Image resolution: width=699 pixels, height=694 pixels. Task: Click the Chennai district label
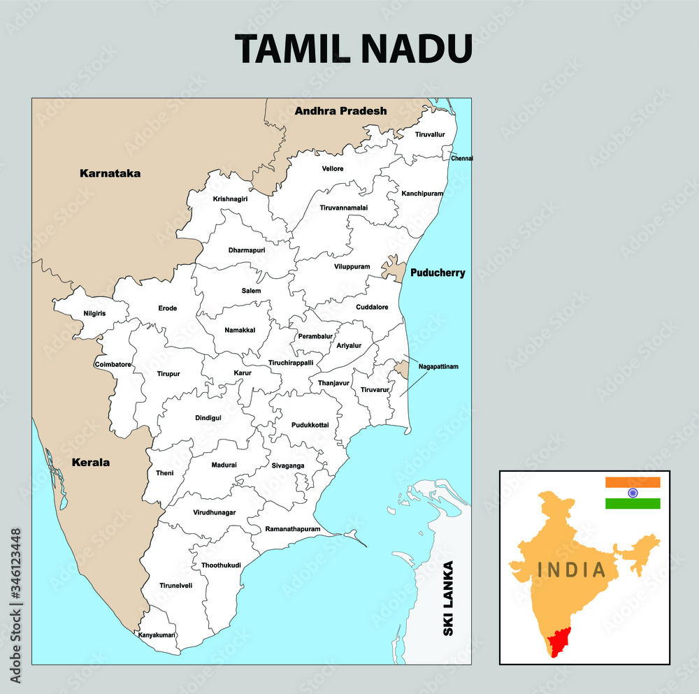pos(462,159)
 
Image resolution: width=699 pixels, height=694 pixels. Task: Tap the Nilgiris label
pos(94,313)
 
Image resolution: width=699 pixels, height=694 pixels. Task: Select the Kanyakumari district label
pos(157,635)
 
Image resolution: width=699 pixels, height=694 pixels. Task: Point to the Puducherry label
pos(438,273)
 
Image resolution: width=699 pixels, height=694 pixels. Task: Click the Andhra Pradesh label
pos(340,110)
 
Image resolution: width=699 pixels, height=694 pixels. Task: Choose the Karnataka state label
pos(110,173)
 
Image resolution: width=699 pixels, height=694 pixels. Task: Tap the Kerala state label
pos(90,462)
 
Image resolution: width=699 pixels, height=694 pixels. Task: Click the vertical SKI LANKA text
pos(449,598)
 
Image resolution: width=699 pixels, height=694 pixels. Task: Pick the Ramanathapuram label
pos(294,529)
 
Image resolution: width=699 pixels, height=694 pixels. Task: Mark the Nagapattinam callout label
pos(438,366)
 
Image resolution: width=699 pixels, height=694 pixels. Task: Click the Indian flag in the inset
pos(633,493)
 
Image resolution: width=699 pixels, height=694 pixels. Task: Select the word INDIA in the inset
pos(572,570)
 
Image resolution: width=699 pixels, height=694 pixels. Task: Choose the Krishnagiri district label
pos(230,199)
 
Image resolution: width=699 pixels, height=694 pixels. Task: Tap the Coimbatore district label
pos(113,364)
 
